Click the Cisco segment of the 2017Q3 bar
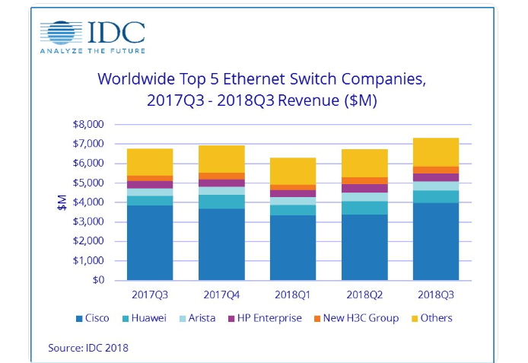tap(150, 242)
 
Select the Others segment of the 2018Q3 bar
tap(436, 151)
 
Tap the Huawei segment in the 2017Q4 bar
tap(221, 201)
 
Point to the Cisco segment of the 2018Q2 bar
tap(364, 247)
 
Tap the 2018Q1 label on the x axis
tap(293, 293)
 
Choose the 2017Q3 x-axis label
tap(150, 293)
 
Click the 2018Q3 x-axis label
tap(436, 293)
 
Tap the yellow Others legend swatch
tap(412, 318)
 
